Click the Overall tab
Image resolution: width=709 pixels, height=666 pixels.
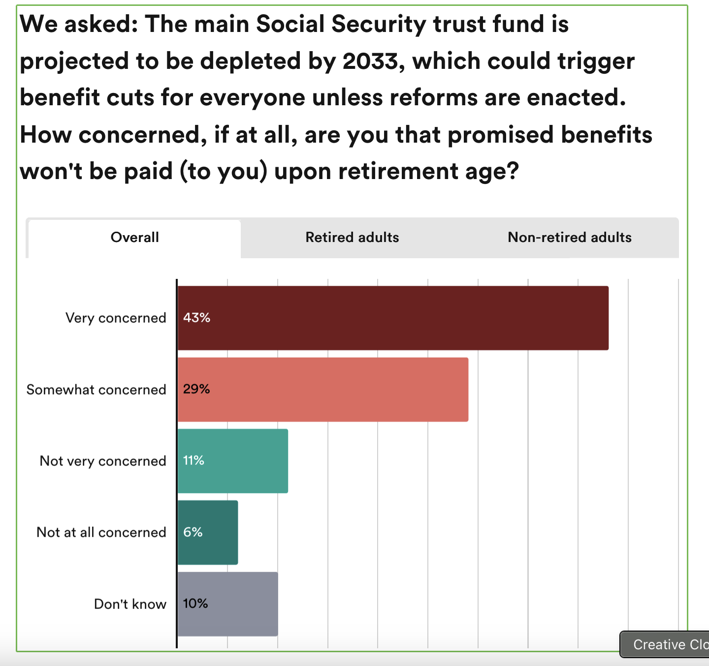pos(134,238)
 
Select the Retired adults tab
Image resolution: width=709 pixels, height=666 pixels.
pos(352,238)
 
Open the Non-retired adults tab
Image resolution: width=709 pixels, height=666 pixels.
pos(569,238)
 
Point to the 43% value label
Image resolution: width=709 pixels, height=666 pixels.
pos(196,318)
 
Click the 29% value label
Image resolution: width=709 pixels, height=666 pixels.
pos(196,390)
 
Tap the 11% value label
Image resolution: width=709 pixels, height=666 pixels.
pos(193,461)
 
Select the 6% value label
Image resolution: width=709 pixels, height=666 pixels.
pos(193,532)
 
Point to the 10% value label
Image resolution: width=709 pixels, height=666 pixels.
pos(195,604)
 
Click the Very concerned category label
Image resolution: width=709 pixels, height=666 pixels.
pos(116,318)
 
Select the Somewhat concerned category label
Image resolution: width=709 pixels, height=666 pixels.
pos(96,390)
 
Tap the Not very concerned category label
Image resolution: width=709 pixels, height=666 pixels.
pos(103,461)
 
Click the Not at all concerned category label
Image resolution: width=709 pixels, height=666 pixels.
pos(101,532)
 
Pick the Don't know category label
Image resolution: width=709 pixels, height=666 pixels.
pos(130,604)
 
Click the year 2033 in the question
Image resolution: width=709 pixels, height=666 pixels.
pos(370,61)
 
